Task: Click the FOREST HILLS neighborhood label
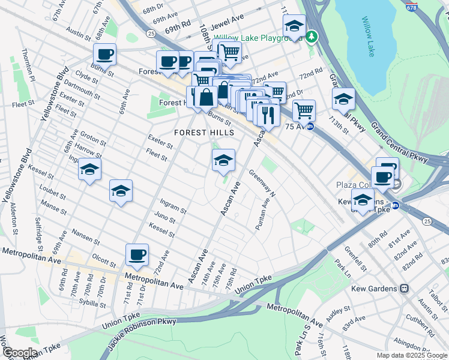pyautogui.click(x=200, y=132)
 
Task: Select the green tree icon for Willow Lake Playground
pyautogui.click(x=311, y=38)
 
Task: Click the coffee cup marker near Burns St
pyautogui.click(x=104, y=55)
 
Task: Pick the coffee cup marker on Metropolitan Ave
pyautogui.click(x=137, y=255)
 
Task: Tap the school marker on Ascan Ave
pyautogui.click(x=223, y=160)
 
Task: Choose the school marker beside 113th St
pyautogui.click(x=343, y=99)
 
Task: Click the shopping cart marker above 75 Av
pyautogui.click(x=304, y=110)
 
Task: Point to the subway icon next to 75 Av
pyautogui.click(x=310, y=127)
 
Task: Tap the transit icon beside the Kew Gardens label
pyautogui.click(x=405, y=289)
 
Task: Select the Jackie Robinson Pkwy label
pyautogui.click(x=142, y=333)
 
